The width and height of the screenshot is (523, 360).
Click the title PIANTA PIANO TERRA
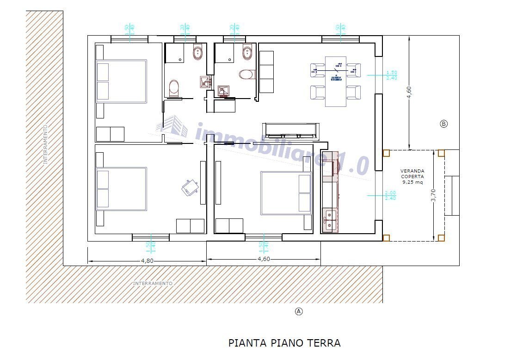pos(284,343)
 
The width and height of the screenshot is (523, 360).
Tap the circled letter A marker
pos(299,311)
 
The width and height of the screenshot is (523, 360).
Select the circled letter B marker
pos(443,124)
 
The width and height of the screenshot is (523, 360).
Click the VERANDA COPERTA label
pos(412,176)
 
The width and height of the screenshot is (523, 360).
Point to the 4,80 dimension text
pos(147,261)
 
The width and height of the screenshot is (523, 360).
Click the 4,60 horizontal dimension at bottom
pos(264,259)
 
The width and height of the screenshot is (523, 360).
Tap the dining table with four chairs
pos(335,81)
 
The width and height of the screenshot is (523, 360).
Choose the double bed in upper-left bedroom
pos(121,81)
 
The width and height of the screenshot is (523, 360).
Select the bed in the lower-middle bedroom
pos(286,193)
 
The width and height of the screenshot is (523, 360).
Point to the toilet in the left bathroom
pos(174,88)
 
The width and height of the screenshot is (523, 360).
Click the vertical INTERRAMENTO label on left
pos(45,144)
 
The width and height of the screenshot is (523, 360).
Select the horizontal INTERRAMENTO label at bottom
pos(153,283)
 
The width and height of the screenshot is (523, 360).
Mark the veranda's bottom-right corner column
pos(441,238)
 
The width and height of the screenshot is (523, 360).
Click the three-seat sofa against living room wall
pos(267,72)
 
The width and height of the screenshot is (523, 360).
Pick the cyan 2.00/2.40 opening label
pos(391,196)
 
